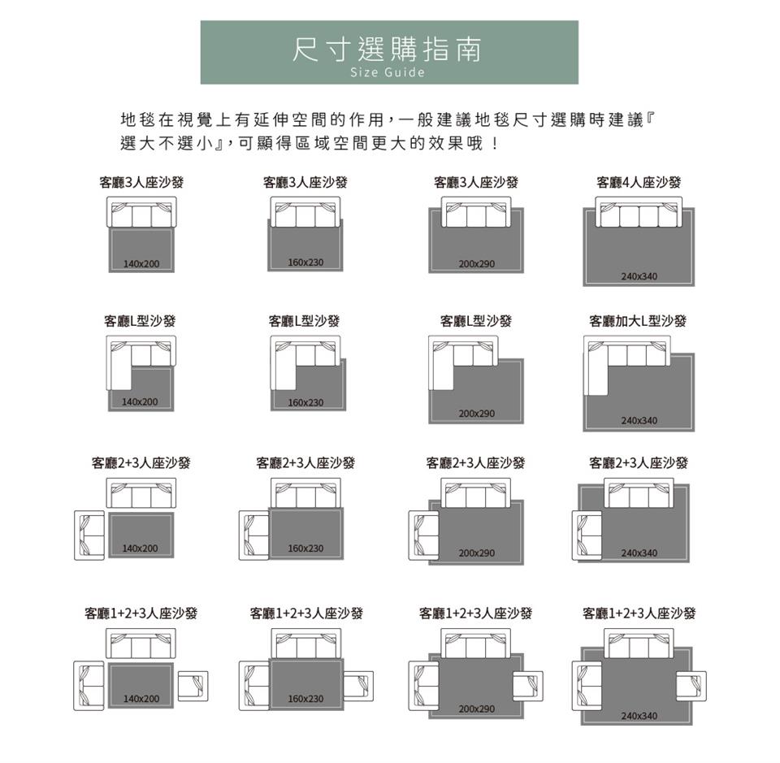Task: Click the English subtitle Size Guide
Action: click(x=388, y=72)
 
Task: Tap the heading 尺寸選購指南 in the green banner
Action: click(x=387, y=50)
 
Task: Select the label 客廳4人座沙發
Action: click(x=639, y=183)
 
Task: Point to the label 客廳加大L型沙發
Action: click(x=638, y=321)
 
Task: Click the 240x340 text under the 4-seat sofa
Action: click(x=639, y=276)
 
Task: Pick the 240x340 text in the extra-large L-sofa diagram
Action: click(x=639, y=420)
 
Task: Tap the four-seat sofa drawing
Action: click(x=639, y=212)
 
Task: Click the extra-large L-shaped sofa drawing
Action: click(x=626, y=366)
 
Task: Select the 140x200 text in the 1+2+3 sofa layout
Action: click(x=141, y=698)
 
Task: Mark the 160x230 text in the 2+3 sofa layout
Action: click(x=305, y=548)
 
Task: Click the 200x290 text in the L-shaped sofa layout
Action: click(x=477, y=414)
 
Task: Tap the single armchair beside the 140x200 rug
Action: click(x=193, y=686)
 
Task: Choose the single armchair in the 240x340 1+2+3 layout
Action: click(x=691, y=686)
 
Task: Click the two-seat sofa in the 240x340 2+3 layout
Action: click(x=587, y=535)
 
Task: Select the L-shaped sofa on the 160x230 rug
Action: click(x=305, y=362)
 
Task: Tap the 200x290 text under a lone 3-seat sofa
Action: click(x=477, y=263)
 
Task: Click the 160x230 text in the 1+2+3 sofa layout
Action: click(x=305, y=698)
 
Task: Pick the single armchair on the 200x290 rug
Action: click(x=528, y=686)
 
